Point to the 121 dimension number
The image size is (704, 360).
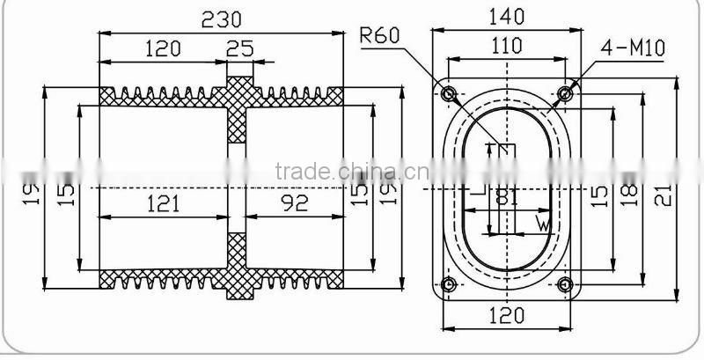[x=163, y=203]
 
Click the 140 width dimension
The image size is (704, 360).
[x=506, y=16]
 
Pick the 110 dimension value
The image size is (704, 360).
[x=505, y=47]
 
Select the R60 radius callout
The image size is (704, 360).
[x=381, y=36]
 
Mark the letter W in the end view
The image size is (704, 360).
[x=544, y=225]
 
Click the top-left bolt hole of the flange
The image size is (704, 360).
[x=449, y=93]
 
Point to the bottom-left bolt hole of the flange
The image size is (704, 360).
[x=449, y=283]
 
